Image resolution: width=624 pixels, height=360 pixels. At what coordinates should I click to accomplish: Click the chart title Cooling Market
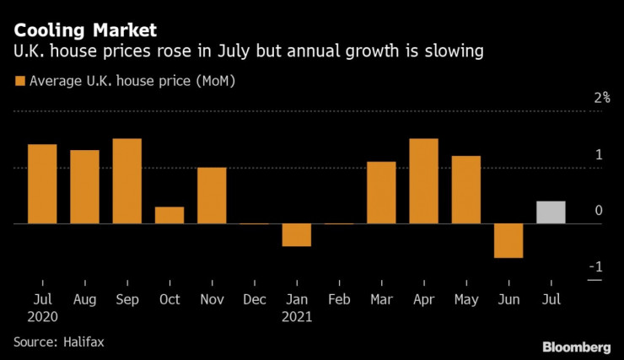84,30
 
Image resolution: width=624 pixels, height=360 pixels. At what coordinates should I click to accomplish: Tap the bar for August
84,186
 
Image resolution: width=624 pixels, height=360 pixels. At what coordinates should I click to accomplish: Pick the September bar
126,180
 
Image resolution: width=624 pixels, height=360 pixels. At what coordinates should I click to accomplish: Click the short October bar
169,215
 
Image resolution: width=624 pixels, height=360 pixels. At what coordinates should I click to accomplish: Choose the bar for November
212,195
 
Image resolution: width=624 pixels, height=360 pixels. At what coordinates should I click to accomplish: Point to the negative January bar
297,235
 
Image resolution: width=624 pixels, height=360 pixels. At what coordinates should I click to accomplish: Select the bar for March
381,192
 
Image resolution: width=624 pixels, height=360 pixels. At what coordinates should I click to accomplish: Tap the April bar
423,180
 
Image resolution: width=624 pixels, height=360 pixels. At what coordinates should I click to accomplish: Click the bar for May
465,190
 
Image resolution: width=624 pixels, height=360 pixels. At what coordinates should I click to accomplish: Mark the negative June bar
508,241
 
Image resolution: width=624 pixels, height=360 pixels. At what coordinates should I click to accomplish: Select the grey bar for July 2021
551,212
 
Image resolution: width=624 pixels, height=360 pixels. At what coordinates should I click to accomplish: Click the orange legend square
19,82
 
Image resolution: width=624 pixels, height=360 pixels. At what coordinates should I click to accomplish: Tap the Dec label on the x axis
254,300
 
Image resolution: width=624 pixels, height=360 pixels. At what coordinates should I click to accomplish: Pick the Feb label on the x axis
339,300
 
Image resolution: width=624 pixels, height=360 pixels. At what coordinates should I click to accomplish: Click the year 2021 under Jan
297,318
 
